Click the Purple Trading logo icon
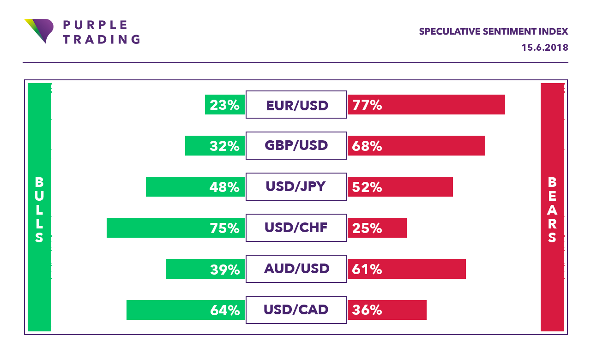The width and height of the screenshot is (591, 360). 39,30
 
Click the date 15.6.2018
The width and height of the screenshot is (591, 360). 545,48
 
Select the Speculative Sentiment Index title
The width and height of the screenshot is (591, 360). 493,32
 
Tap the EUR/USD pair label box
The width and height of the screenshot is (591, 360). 296,105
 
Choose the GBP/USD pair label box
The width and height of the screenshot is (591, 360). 296,146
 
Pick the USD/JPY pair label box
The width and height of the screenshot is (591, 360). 296,187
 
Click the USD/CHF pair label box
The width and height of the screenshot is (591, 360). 296,228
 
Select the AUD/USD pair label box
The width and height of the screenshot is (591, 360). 296,269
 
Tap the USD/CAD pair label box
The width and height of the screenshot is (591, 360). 296,310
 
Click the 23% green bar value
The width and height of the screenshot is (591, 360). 225,105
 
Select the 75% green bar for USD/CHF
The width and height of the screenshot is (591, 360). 175,228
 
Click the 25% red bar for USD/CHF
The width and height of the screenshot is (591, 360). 377,228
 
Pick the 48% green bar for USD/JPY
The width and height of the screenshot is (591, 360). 195,187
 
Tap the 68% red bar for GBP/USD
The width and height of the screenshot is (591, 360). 416,146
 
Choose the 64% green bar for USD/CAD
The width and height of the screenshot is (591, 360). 185,310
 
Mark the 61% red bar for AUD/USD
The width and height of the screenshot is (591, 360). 406,269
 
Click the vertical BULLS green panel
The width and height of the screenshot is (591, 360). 39,207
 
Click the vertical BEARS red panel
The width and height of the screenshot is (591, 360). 552,207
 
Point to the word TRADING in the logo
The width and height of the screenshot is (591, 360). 101,39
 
